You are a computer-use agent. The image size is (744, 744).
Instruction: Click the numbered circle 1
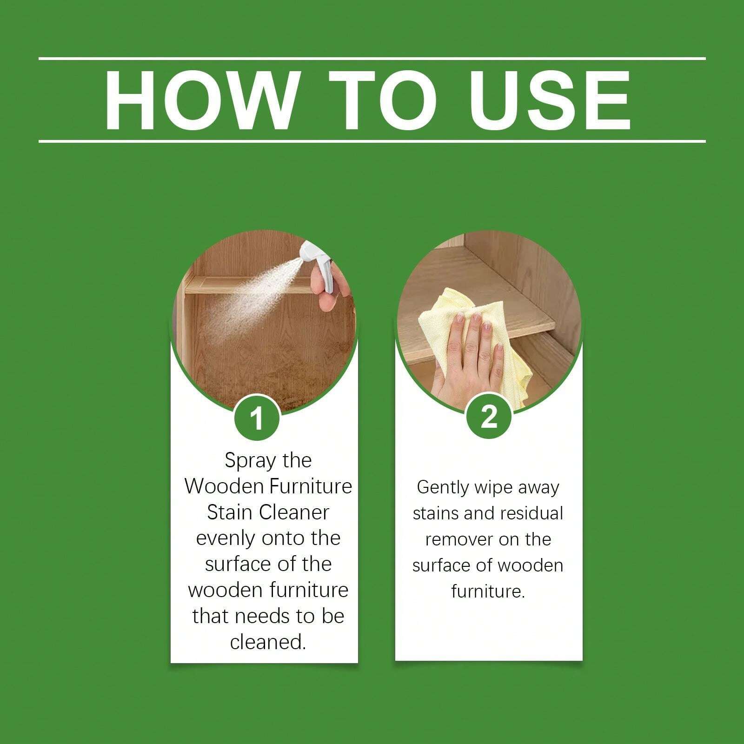coord(257,417)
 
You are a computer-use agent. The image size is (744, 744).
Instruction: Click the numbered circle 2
coord(489,416)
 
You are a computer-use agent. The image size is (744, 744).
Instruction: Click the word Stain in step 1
coord(230,512)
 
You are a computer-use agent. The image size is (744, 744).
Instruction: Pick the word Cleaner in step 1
coord(293,512)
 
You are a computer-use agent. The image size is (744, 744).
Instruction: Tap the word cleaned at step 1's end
coord(268,642)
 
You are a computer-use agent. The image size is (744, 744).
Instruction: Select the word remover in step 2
coord(458,539)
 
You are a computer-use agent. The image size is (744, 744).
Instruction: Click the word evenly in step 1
coord(226,538)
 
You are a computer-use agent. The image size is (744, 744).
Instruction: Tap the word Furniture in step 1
coord(310,486)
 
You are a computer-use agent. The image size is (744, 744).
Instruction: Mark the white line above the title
coord(372,59)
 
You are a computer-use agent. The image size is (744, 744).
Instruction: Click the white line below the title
coord(372,141)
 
